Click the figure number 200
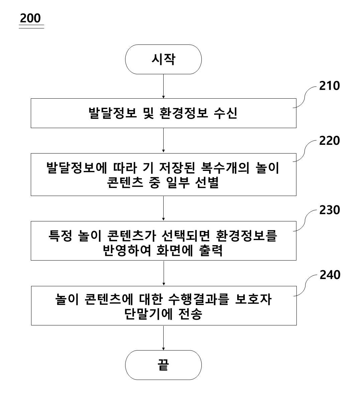pos(30,18)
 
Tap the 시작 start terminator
pos(163,59)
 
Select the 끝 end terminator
pos(163,365)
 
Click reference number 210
pos(330,86)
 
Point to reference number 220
pos(330,140)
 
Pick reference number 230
pos(330,210)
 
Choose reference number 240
pos(330,275)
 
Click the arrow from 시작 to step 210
pos(163,86)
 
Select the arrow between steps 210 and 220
pos(163,140)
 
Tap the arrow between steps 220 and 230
pos(163,208)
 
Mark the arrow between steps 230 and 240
pos(164,273)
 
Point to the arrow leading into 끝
pos(163,338)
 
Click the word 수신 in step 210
pos(226,113)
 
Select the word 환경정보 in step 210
pos(184,113)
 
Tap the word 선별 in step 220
pos(207,183)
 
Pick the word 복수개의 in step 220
pos(225,168)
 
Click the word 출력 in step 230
pos(211,251)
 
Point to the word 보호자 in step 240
pos(253,300)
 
